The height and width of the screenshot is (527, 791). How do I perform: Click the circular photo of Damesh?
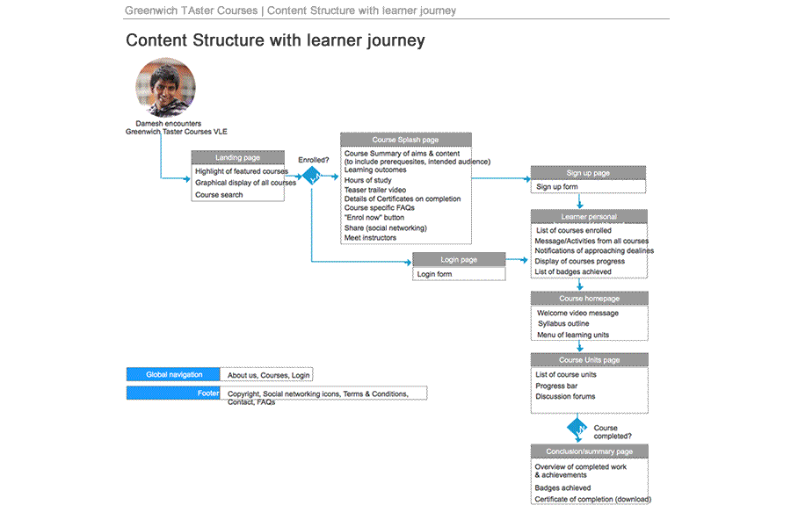pos(165,88)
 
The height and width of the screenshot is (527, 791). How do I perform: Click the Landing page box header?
pos(238,157)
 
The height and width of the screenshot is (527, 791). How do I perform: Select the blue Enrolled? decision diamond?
pos(313,176)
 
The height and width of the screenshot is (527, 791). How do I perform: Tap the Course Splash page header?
pos(405,140)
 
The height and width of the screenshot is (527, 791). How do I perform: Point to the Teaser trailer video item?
pos(375,190)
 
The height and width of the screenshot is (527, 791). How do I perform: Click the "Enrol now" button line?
pos(374,218)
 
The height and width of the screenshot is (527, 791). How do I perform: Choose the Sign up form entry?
pos(557,187)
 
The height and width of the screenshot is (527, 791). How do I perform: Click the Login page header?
pos(459,260)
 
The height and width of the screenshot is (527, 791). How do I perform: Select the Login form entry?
pos(434,274)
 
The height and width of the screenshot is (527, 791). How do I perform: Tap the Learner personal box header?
pos(589,216)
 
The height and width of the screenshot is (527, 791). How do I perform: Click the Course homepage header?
pos(589,299)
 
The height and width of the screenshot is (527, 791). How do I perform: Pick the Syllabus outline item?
pos(563,324)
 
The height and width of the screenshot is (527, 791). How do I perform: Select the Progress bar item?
pos(556,386)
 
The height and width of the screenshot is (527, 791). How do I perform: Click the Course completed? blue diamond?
pos(577,429)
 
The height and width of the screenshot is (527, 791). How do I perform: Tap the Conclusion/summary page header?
pos(589,451)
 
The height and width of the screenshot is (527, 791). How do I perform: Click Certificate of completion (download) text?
pos(592,499)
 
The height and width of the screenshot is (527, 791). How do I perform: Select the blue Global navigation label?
pos(173,375)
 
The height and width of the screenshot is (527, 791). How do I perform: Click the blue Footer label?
pos(173,393)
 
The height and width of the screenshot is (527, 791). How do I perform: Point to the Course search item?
pos(219,195)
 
